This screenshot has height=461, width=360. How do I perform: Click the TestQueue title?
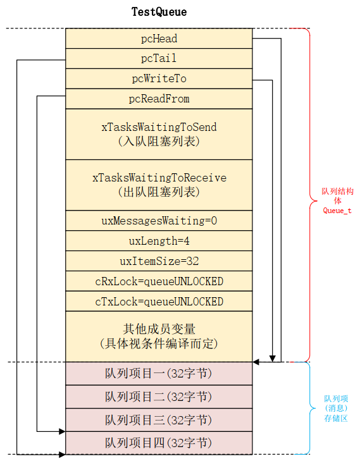tap(159, 12)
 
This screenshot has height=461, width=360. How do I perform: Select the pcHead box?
tap(159, 39)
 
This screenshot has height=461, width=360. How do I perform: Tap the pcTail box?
tap(159, 59)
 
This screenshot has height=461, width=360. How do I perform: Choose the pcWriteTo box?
tap(159, 78)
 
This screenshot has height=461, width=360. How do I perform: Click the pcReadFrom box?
tap(159, 99)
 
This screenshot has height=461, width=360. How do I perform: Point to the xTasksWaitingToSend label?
tap(159, 127)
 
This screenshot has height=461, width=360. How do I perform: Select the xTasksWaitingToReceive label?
tap(159, 178)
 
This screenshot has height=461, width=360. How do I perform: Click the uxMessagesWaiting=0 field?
tap(159, 221)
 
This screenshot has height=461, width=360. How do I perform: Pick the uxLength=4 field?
tap(159, 241)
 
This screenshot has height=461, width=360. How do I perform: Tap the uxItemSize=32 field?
tap(159, 261)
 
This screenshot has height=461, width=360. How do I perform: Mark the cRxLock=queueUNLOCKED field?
tap(159, 281)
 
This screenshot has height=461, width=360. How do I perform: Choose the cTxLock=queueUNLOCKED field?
tap(159, 302)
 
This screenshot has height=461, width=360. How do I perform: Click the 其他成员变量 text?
tap(159, 329)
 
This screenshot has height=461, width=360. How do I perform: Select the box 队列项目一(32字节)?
tap(159, 374)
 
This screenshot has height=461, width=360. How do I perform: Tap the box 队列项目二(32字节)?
tap(159, 396)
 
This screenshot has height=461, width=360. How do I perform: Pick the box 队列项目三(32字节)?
tap(159, 420)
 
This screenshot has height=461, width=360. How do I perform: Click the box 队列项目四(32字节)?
tap(159, 443)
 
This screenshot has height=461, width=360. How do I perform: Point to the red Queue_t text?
tap(337, 211)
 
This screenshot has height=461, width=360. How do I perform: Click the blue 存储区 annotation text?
tap(337, 418)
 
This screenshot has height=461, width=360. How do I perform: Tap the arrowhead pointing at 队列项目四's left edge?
tap(62, 431)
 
